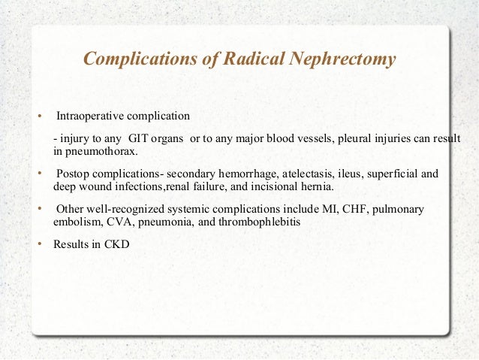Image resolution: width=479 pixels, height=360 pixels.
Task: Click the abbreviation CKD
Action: tap(119, 244)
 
